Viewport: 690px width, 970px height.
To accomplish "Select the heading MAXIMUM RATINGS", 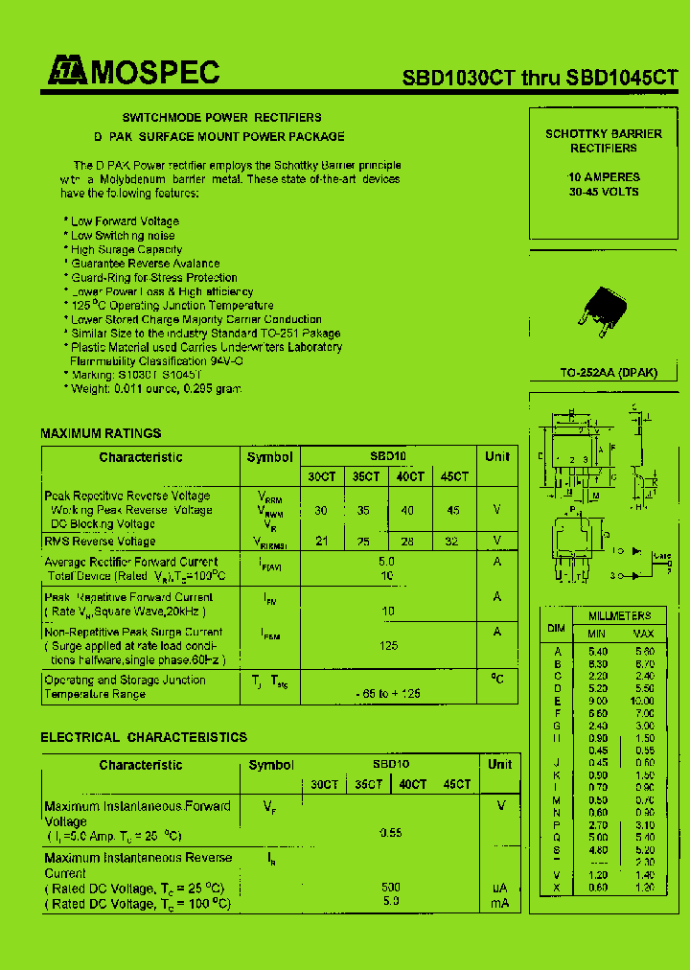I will (x=101, y=434).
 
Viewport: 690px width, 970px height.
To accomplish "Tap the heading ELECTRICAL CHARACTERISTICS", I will (x=144, y=737).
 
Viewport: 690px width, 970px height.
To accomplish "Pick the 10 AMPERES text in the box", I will (x=604, y=177).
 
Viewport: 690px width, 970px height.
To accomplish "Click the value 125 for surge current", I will (x=388, y=646).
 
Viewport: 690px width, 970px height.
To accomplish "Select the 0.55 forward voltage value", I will (x=390, y=833).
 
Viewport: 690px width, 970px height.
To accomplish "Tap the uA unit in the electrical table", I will (x=499, y=888).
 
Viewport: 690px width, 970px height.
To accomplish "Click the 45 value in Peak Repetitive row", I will (x=453, y=511).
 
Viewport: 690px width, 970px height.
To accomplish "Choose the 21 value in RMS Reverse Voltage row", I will (x=322, y=542).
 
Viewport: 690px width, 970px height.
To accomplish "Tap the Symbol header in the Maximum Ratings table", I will (x=269, y=457).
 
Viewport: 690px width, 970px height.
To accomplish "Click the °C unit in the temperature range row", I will (x=497, y=680).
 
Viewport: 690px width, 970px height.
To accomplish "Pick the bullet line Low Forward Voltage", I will (x=125, y=221).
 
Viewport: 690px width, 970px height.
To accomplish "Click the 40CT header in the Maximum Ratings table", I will (x=410, y=476).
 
